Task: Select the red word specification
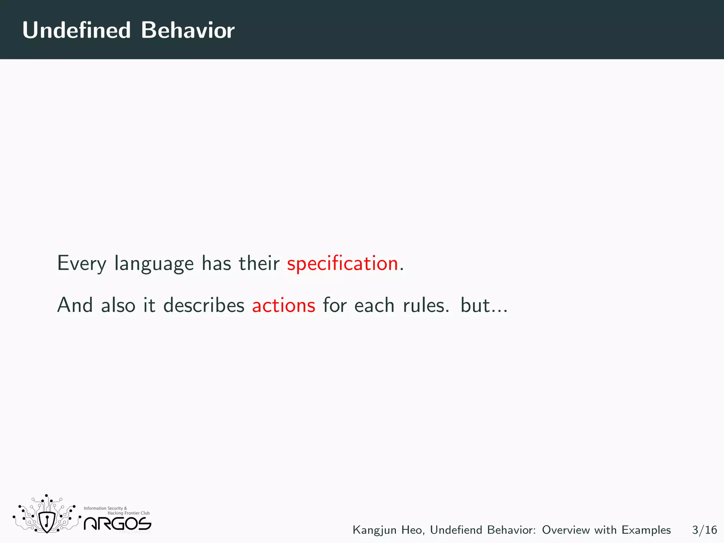pyautogui.click(x=342, y=264)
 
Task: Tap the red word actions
pyautogui.click(x=284, y=305)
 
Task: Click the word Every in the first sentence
pyautogui.click(x=82, y=264)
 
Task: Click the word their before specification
pyautogui.click(x=259, y=264)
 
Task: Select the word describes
pyautogui.click(x=204, y=305)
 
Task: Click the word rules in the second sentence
pyautogui.click(x=426, y=305)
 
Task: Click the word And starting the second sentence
pyautogui.click(x=75, y=305)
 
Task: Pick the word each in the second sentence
pyautogui.click(x=374, y=305)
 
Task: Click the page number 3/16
pyautogui.click(x=704, y=530)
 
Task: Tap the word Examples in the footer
pyautogui.click(x=646, y=530)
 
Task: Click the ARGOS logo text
pyautogui.click(x=117, y=524)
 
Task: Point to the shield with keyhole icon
pyautogui.click(x=47, y=521)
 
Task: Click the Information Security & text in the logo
pyautogui.click(x=105, y=508)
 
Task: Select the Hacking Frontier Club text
pyautogui.click(x=128, y=513)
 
